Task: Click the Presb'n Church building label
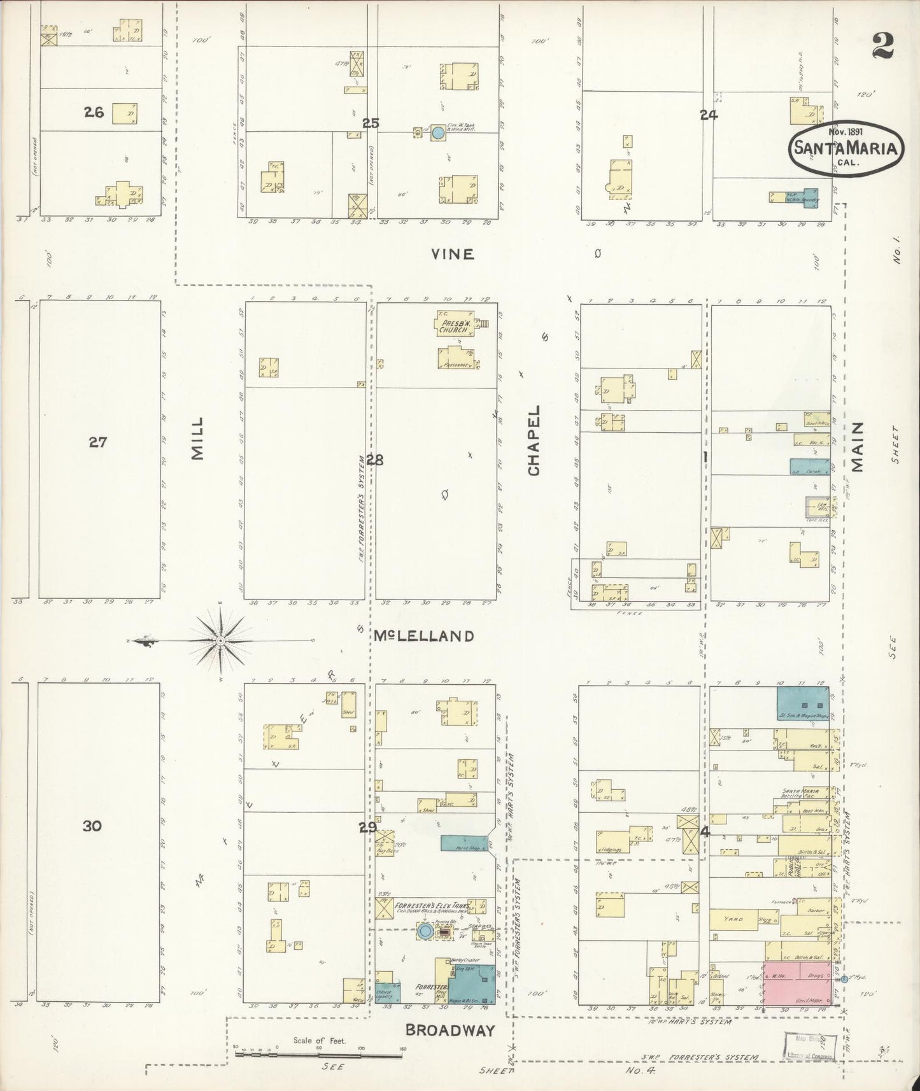pos(453,326)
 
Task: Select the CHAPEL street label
pos(534,440)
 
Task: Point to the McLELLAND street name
pos(423,636)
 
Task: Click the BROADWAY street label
pos(450,1029)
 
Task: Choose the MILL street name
pos(197,438)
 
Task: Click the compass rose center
pos(220,640)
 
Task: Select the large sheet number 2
pos(883,45)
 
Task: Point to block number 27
pos(97,442)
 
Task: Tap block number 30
pos(92,826)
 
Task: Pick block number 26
pos(94,113)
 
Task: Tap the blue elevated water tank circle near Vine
pos(438,133)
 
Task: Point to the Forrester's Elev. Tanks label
pos(433,905)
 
